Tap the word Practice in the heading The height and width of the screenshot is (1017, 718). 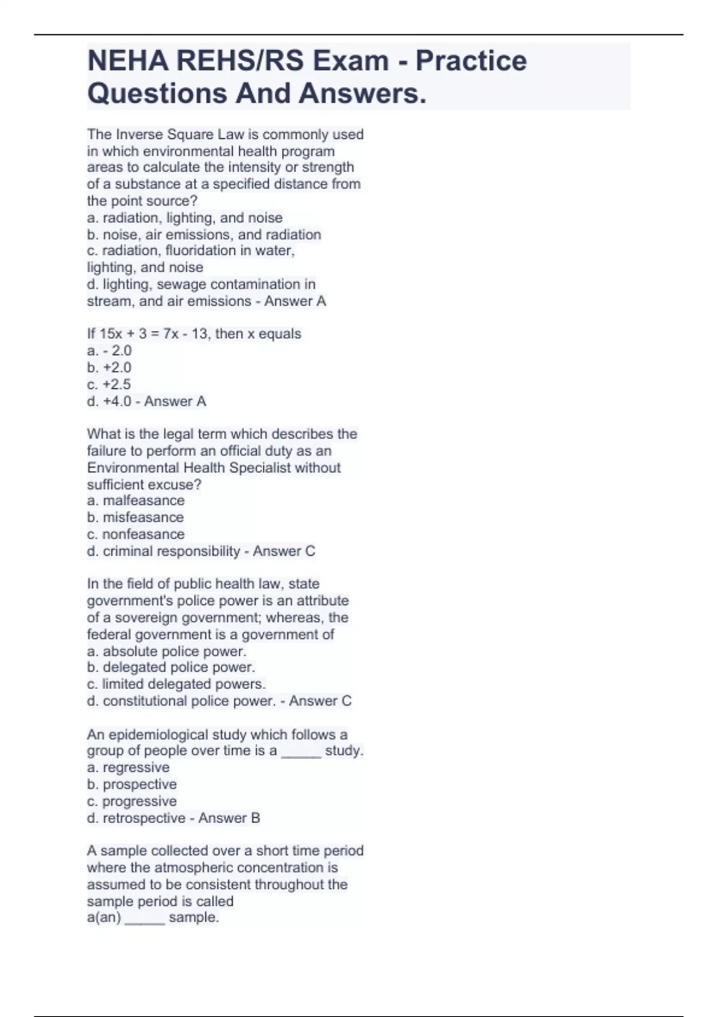coord(471,61)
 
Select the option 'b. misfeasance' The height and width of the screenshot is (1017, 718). coord(135,517)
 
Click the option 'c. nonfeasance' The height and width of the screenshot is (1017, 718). coord(136,534)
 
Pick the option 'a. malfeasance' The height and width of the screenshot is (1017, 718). coord(136,501)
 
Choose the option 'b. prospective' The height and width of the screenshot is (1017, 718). coord(132,784)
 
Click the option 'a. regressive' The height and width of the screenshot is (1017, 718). coord(128,768)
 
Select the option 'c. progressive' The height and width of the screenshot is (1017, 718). coord(132,801)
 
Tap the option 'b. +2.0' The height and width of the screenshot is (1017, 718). coord(109,367)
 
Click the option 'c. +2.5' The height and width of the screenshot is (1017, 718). coord(109,384)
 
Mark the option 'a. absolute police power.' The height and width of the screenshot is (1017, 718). coord(166,651)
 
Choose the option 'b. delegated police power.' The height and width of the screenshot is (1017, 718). coord(171,667)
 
